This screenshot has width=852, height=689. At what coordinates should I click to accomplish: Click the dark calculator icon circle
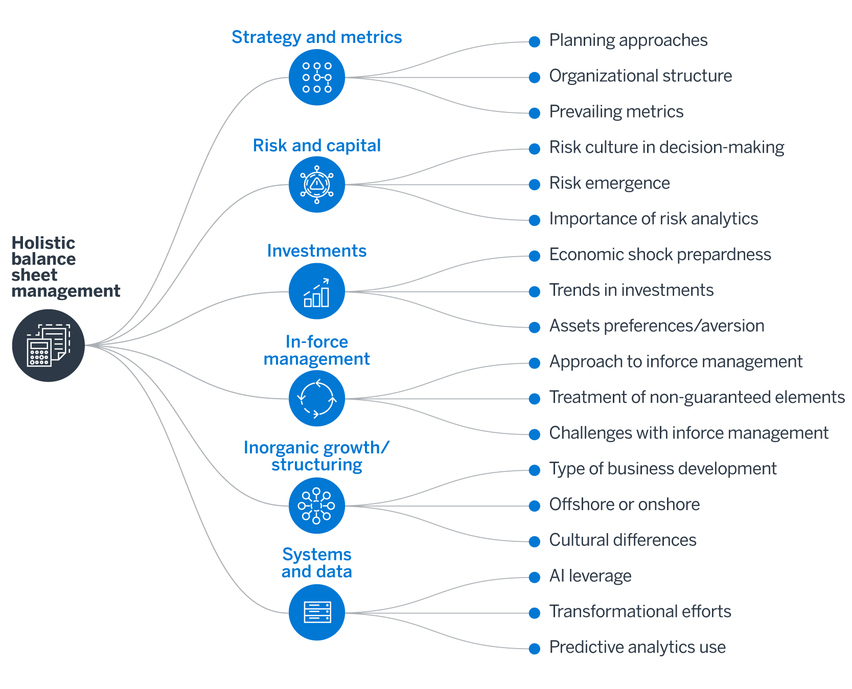(49, 346)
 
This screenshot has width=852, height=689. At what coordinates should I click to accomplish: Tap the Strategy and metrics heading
(316, 37)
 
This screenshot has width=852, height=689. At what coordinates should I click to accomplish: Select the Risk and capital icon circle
(317, 185)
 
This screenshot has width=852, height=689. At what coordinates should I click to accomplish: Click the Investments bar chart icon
(317, 291)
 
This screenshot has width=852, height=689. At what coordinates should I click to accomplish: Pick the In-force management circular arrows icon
(317, 398)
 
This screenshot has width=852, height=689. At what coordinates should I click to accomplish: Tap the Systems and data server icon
(317, 612)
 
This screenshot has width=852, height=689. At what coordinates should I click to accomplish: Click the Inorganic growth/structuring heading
(316, 456)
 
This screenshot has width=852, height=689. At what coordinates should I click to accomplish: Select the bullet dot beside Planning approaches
(535, 42)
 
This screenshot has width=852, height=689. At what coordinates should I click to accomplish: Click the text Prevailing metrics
(616, 111)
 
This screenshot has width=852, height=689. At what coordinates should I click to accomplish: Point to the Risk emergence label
(609, 183)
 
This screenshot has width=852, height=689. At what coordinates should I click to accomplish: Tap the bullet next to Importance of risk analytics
(535, 220)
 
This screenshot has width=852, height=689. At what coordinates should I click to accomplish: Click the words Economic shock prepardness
(660, 255)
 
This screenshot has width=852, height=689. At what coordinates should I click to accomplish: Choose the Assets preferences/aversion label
(656, 326)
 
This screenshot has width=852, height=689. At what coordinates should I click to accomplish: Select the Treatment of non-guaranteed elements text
(697, 397)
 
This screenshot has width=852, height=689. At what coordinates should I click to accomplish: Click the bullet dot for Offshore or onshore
(535, 506)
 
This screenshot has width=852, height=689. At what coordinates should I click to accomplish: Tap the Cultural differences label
(623, 540)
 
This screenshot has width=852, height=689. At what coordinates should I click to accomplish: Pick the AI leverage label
(590, 576)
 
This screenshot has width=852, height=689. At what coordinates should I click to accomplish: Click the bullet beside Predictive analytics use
(535, 649)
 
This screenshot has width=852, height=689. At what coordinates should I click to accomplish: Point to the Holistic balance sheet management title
(65, 266)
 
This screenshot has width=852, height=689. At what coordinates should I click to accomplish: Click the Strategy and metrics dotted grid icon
(317, 77)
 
